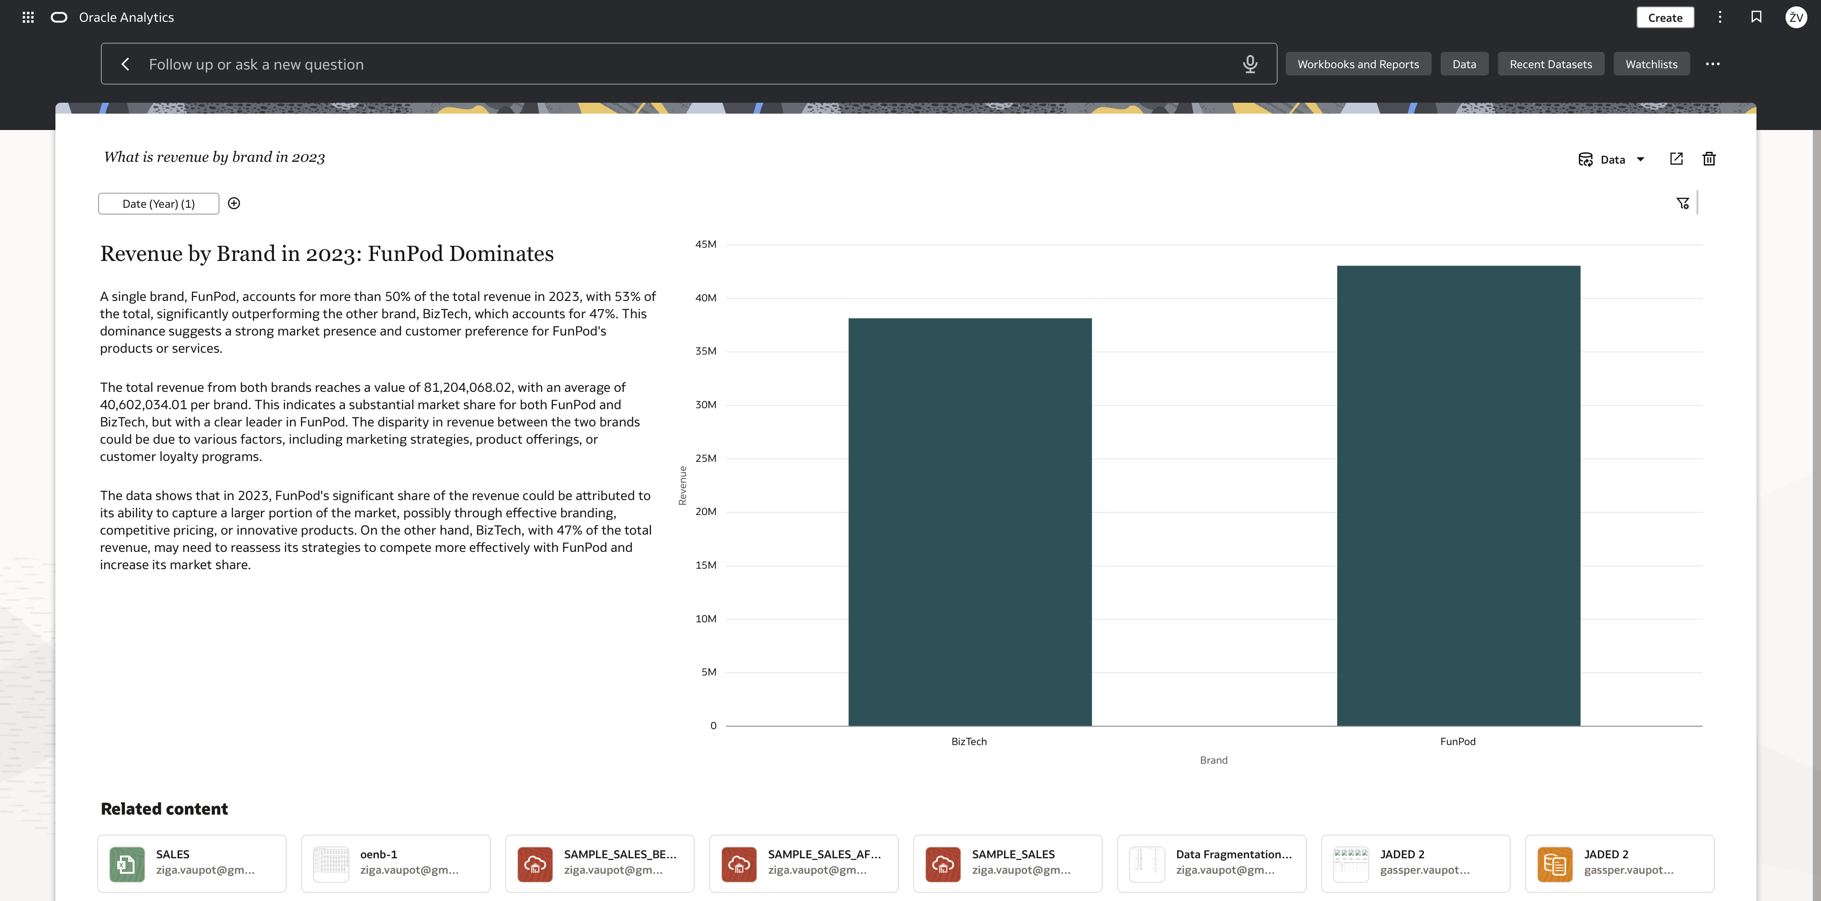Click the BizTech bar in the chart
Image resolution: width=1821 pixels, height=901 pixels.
[x=970, y=522]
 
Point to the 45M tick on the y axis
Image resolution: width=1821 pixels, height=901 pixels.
[x=706, y=244]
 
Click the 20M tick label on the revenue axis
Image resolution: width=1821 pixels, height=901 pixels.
[x=706, y=511]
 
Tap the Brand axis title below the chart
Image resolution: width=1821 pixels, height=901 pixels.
[x=1213, y=760]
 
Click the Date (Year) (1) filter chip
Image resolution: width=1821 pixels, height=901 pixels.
[x=159, y=204]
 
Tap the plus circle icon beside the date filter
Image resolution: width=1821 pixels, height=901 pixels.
[x=234, y=204]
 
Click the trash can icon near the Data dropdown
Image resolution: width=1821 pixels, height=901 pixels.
[x=1709, y=159]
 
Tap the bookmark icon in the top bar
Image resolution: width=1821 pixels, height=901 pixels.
[x=1756, y=17]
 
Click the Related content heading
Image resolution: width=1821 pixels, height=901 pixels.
[x=164, y=809]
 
